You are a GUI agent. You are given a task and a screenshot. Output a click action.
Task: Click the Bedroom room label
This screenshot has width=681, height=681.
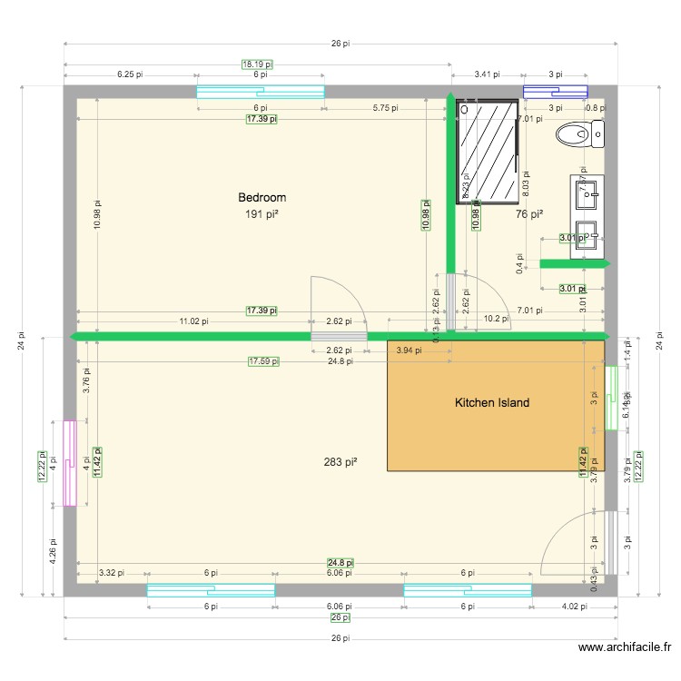click(x=262, y=197)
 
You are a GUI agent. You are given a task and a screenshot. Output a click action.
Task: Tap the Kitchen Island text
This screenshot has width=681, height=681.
click(x=491, y=402)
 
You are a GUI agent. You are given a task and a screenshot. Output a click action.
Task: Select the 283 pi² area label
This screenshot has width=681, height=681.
click(x=340, y=462)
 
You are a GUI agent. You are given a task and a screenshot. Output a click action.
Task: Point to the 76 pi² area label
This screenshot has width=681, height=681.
click(x=529, y=214)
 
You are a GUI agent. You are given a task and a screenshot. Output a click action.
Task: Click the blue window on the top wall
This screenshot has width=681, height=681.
click(x=555, y=91)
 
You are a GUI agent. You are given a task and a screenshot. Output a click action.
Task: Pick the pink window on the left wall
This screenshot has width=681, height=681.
click(x=69, y=462)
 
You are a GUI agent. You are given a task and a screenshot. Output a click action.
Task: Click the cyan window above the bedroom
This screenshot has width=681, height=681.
click(x=261, y=91)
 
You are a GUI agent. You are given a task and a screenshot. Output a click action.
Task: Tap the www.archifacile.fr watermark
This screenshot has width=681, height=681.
click(x=625, y=647)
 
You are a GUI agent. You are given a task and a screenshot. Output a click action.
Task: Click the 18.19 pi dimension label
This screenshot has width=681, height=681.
click(x=257, y=64)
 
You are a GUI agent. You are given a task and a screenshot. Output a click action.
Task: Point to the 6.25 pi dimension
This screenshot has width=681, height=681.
click(x=130, y=74)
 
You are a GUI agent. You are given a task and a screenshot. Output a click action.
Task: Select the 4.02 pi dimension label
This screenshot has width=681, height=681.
click(x=575, y=605)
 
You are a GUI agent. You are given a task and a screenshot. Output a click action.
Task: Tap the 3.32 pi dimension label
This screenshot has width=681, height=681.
click(x=111, y=573)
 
